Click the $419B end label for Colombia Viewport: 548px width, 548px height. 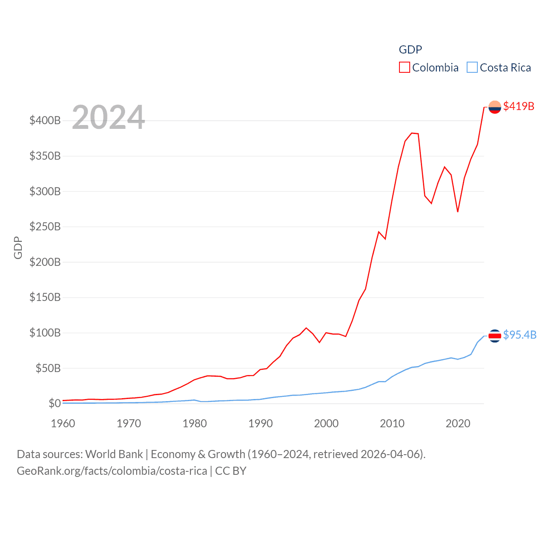click(518, 106)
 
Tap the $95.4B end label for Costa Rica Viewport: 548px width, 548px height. click(520, 335)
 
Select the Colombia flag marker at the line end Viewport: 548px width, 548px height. click(494, 107)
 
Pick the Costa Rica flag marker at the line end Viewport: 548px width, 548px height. click(494, 336)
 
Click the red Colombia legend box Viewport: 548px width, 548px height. click(404, 68)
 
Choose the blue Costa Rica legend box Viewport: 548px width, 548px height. click(472, 68)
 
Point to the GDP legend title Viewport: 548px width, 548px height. click(410, 50)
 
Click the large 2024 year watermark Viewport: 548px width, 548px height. click(108, 117)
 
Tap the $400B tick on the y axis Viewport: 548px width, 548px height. click(45, 120)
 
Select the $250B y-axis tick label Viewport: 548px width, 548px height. click(45, 226)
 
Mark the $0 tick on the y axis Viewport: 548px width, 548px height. click(54, 403)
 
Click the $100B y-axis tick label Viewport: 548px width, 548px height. click(45, 333)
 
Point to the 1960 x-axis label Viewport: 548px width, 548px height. click(63, 423)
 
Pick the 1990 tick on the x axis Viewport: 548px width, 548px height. click(260, 423)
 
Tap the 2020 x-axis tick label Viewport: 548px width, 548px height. click(458, 423)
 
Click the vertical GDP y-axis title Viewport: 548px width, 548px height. click(18, 247)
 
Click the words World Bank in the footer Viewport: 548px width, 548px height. click(114, 454)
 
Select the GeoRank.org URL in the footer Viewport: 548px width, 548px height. click(112, 471)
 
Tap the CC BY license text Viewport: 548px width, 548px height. click(231, 471)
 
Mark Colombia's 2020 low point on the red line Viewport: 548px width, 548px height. click(458, 211)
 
